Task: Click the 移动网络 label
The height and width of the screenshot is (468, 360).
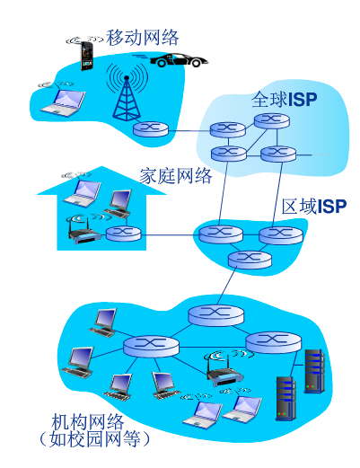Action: tap(143, 38)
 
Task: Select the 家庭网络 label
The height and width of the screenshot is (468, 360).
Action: tap(176, 175)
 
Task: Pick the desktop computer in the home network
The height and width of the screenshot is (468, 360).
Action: tap(119, 202)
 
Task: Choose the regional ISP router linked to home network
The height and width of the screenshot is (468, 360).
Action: tap(216, 234)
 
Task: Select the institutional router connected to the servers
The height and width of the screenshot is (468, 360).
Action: tap(269, 341)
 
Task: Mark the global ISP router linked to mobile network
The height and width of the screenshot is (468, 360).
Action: tap(228, 131)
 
